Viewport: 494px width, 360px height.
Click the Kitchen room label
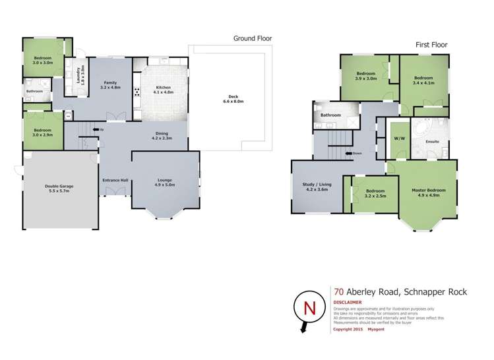pos(164,89)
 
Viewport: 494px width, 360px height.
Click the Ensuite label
pos(433,141)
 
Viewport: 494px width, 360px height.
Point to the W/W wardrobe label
pos(399,139)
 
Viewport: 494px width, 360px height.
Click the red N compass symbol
pos(308,307)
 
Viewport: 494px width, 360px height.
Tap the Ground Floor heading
pos(252,38)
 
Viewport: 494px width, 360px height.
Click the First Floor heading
pos(431,45)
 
